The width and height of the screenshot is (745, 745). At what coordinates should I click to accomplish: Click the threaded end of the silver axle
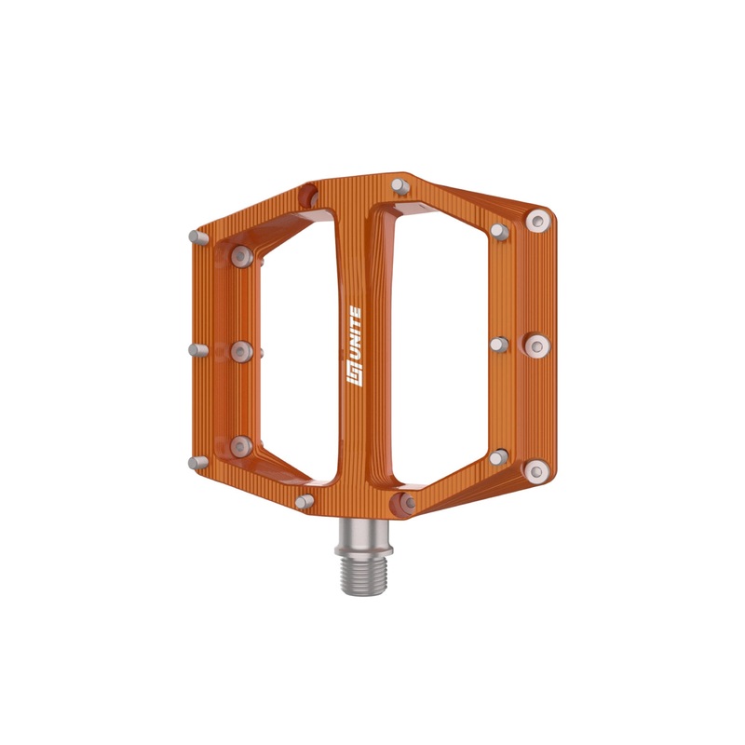363,575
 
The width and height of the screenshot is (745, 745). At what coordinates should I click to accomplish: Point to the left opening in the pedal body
299,346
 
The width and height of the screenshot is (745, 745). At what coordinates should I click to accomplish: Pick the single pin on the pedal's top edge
400,185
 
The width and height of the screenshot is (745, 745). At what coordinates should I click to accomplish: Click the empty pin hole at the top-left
308,196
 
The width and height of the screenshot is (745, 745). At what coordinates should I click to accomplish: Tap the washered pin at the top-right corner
538,221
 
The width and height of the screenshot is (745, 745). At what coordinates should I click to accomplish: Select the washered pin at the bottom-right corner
537,471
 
